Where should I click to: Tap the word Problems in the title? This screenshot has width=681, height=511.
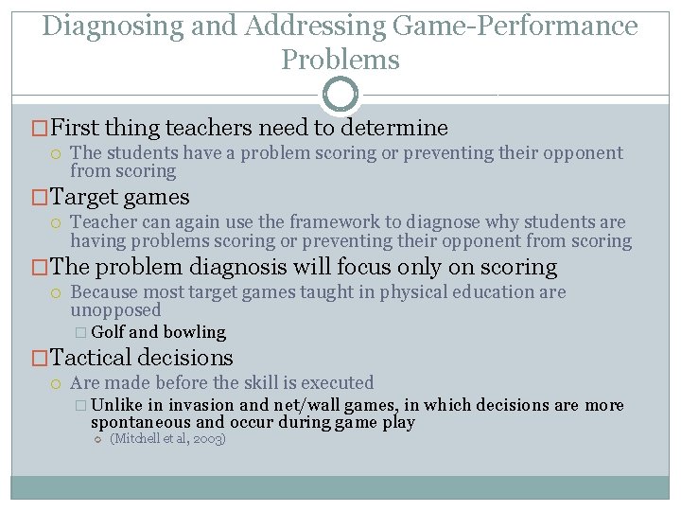pyautogui.click(x=340, y=60)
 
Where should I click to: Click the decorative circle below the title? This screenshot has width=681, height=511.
pyautogui.click(x=340, y=95)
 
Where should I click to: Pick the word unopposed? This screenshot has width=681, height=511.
pyautogui.click(x=115, y=310)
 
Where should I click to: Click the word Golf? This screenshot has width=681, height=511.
pyautogui.click(x=108, y=332)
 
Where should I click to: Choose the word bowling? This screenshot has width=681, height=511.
pyautogui.click(x=194, y=332)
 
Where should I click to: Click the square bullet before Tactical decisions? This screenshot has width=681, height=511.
pyautogui.click(x=39, y=358)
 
